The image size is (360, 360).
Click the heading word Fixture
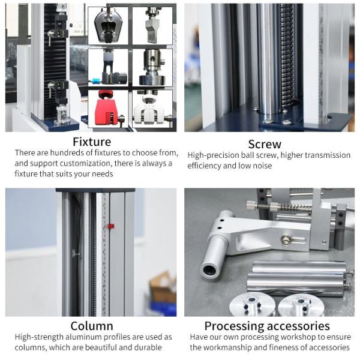coord(92,142)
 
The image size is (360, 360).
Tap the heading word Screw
coord(265,144)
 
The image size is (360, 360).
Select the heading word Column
coord(92,326)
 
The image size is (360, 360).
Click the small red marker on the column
coord(111,226)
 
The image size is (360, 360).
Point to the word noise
coord(262,166)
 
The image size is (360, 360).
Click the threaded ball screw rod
coord(287,58)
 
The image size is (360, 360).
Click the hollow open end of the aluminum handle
coord(209,269)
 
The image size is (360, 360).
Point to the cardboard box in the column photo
coord(163,287)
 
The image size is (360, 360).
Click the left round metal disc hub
coord(253,305)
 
